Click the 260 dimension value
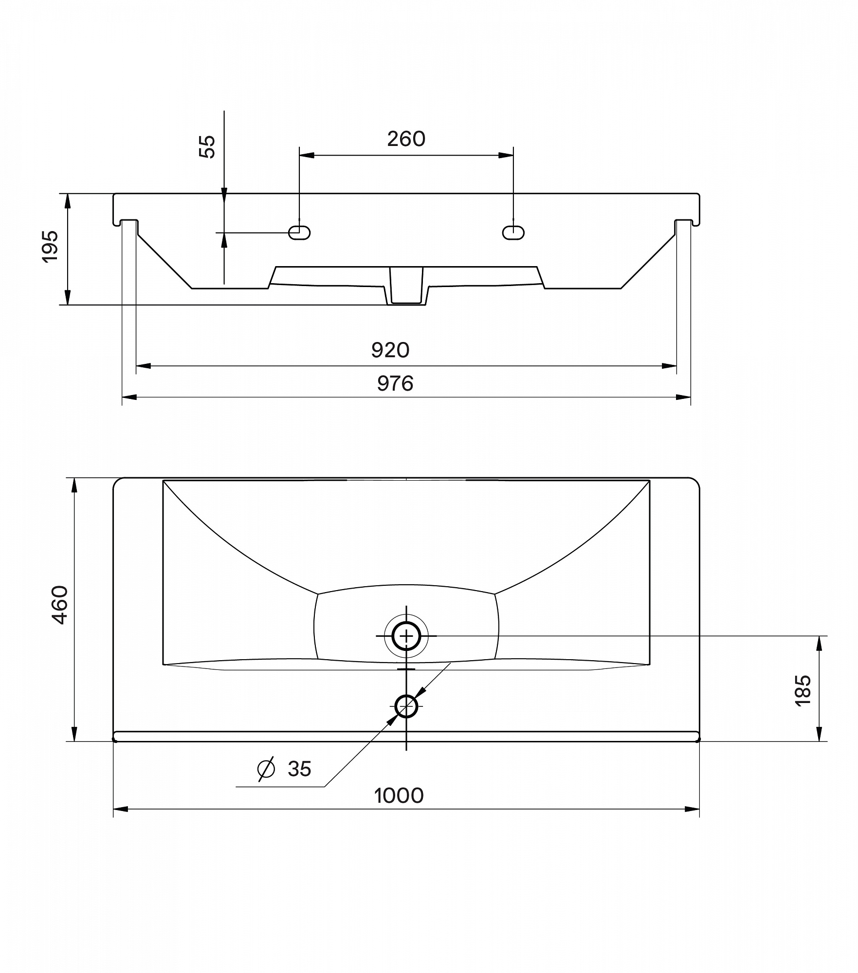click(x=406, y=139)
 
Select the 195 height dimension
click(x=51, y=246)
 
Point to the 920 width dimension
click(x=390, y=350)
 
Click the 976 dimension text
click(x=395, y=383)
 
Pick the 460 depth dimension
click(x=60, y=605)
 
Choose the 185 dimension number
click(x=803, y=690)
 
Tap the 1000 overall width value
click(x=399, y=796)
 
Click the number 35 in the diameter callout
click(x=299, y=769)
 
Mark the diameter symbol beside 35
click(x=266, y=769)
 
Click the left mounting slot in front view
click(x=299, y=233)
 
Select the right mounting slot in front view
click(x=513, y=233)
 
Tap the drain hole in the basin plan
click(x=406, y=636)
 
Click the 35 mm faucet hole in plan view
click(x=406, y=706)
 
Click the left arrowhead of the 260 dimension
click(x=307, y=156)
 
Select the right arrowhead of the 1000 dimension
click(x=692, y=809)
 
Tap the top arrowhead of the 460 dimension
click(x=74, y=486)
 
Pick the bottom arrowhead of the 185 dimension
click(x=820, y=734)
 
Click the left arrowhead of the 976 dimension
click(x=129, y=397)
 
